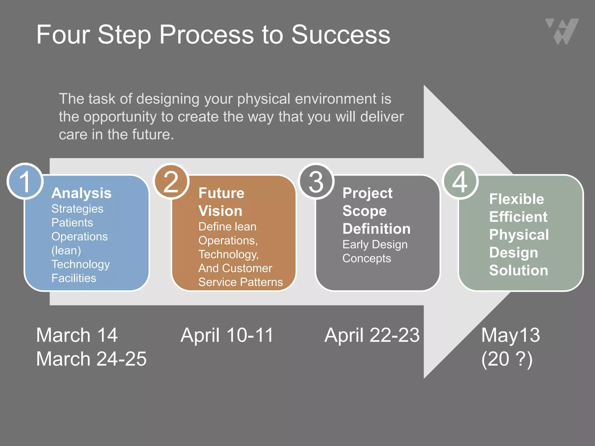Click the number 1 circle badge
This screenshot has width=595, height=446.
click(25, 181)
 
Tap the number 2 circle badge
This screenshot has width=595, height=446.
click(171, 181)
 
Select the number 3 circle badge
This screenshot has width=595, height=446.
click(316, 181)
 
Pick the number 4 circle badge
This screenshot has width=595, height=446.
click(460, 181)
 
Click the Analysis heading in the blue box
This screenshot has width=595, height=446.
click(81, 193)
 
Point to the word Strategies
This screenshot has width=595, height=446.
click(77, 209)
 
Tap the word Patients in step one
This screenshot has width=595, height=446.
click(72, 223)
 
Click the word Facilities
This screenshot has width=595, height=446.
click(74, 278)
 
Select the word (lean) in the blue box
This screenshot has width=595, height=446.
click(66, 250)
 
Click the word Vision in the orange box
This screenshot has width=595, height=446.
click(220, 211)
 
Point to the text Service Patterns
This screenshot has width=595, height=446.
click(241, 282)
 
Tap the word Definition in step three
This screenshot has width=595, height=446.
click(377, 229)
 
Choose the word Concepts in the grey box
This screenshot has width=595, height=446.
click(367, 258)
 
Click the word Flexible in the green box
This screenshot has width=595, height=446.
click(517, 199)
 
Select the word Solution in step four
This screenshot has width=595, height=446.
click(519, 270)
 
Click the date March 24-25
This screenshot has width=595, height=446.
click(91, 359)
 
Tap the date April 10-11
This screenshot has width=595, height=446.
click(227, 335)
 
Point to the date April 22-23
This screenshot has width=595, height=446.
click(372, 335)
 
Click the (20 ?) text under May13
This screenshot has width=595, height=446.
click(507, 359)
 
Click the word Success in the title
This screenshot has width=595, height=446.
click(341, 35)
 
